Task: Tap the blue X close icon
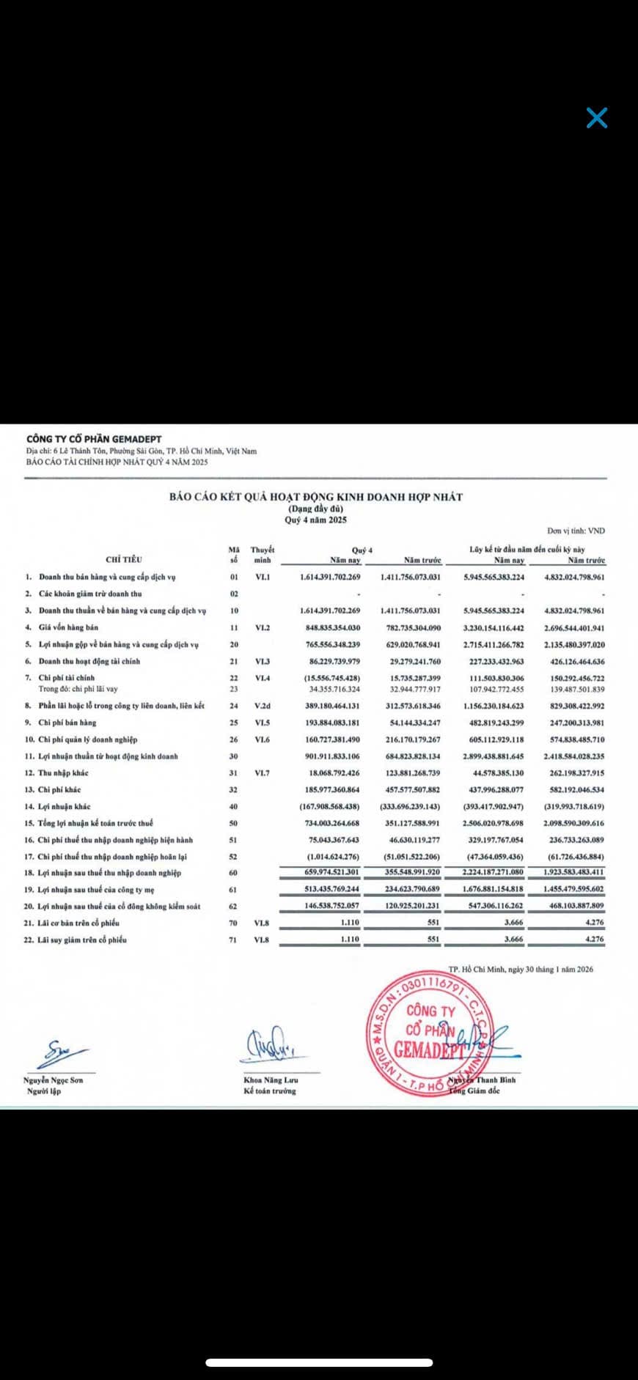pos(597,118)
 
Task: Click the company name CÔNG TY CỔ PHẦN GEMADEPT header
pos(94,439)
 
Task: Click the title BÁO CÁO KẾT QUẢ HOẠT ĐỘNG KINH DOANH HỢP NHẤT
pos(316,497)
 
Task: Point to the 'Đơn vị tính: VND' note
pos(576,531)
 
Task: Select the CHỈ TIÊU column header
pos(124,559)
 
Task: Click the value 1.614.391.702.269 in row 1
pos(330,578)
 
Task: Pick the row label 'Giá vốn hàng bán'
pos(68,627)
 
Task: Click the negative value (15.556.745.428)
pos(332,678)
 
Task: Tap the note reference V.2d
pos(262,706)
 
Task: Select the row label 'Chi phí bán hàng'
pos(67,723)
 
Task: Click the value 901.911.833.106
pos(330,756)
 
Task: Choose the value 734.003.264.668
pos(330,823)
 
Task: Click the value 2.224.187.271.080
pos(494,872)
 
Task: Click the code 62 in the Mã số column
pos(233,907)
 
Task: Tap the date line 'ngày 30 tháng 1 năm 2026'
pos(521,969)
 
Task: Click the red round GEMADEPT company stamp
pos(430,1034)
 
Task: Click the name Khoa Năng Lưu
pos(271,1080)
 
